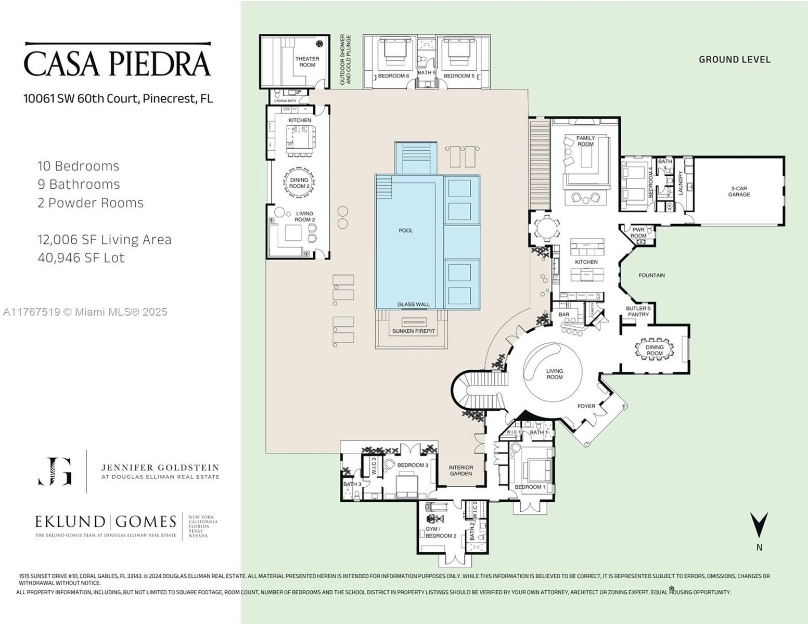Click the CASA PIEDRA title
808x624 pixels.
click(x=118, y=63)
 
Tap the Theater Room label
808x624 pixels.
click(x=307, y=62)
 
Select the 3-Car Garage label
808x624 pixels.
click(x=739, y=191)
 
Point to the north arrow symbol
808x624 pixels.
click(x=759, y=525)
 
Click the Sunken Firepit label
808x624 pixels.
click(x=413, y=331)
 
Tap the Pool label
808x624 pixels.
click(x=405, y=230)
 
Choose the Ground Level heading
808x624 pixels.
click(x=734, y=60)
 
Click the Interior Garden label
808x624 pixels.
click(x=460, y=471)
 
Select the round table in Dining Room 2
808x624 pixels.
click(x=299, y=183)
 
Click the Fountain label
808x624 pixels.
click(x=651, y=275)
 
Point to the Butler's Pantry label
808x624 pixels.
click(x=638, y=311)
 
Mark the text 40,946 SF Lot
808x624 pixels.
click(x=81, y=258)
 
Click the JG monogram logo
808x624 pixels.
click(x=55, y=471)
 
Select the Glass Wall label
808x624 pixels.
click(x=414, y=305)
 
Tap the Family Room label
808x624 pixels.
click(x=585, y=141)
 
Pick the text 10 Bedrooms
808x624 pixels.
click(x=79, y=166)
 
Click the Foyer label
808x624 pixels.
click(x=586, y=406)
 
